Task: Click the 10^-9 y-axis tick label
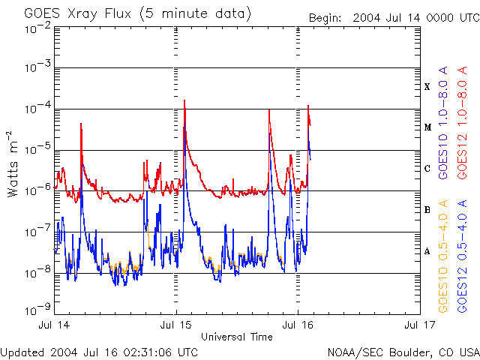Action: point(37,307)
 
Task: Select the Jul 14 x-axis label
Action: point(55,325)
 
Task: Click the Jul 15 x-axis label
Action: point(176,325)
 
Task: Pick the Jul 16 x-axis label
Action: point(298,325)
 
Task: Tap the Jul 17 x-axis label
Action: point(418,325)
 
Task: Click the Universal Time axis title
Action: point(236,337)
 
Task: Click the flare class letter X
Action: point(427,87)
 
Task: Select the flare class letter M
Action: point(427,127)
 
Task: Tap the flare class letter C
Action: point(427,169)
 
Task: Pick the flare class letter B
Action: point(427,210)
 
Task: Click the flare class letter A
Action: point(427,251)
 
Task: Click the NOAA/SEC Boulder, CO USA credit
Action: point(403,352)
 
